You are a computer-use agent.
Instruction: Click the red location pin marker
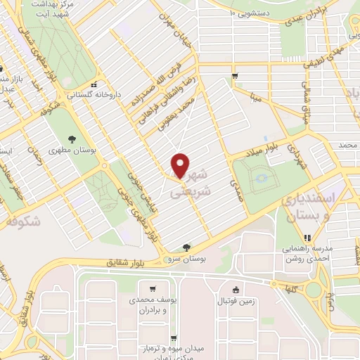[x=181, y=165]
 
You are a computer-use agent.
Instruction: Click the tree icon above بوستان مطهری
[x=73, y=139]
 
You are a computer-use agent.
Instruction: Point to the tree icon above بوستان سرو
[x=186, y=247]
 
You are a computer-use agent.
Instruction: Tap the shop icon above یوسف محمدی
[x=152, y=288]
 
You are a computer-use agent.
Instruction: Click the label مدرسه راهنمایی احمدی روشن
[x=312, y=255]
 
